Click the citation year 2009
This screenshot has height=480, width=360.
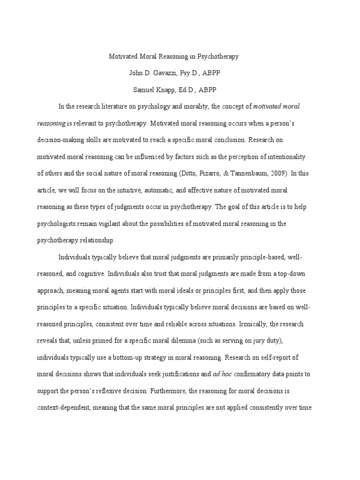pos(280,173)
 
